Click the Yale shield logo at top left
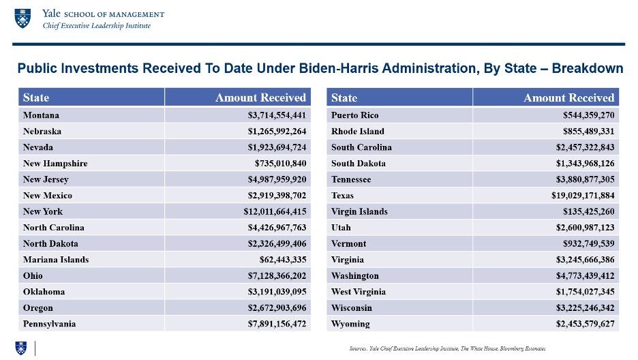point(22,18)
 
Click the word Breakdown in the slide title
point(587,68)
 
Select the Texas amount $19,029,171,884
point(583,195)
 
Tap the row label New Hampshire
point(55,164)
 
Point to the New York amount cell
point(275,211)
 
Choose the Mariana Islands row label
point(56,260)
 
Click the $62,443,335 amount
point(283,260)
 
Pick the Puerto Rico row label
point(355,115)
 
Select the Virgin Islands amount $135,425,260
point(589,211)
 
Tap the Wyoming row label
point(350,324)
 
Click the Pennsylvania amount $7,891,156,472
point(277,324)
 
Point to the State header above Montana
point(36,97)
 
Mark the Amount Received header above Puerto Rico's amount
point(569,97)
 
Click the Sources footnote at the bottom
point(447,348)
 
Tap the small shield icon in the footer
point(20,348)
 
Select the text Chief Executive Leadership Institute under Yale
point(96,26)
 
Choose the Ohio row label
point(33,276)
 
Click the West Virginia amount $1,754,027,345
point(585,292)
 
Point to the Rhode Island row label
point(358,132)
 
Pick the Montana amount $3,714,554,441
point(277,115)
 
